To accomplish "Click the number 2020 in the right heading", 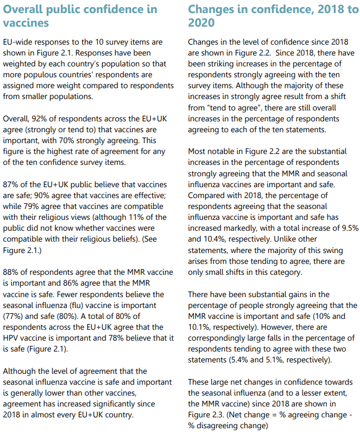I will click(x=201, y=23).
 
